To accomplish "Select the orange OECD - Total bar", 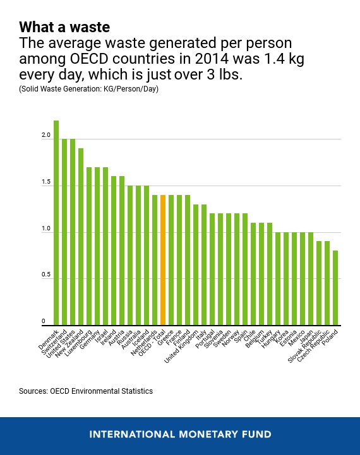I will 163,259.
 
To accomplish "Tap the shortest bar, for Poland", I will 335,287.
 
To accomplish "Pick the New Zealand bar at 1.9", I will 81,236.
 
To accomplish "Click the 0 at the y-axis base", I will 44,321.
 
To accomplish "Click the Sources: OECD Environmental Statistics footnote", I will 86,391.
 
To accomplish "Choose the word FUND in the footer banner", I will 256,434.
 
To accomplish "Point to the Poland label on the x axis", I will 329,336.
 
